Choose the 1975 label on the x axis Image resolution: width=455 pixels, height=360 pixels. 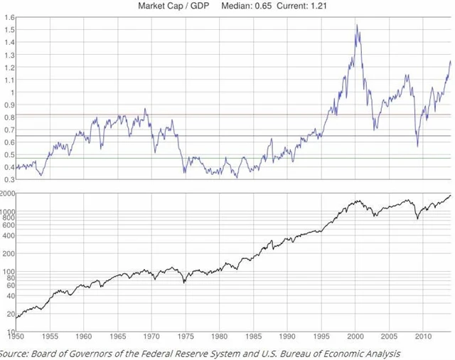[x=186, y=336]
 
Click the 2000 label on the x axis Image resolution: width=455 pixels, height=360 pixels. [x=355, y=336]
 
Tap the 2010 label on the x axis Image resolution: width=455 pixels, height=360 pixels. [x=424, y=336]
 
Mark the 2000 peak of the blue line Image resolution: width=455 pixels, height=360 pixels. [x=356, y=26]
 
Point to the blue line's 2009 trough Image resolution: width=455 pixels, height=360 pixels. [x=418, y=147]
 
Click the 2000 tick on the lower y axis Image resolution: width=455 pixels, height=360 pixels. [x=7, y=193]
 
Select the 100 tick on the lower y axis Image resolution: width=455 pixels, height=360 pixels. [x=9, y=271]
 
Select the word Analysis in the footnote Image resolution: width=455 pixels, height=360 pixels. [x=381, y=353]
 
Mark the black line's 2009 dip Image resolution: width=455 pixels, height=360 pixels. [x=417, y=219]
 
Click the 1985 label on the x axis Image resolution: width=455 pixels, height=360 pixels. [x=254, y=336]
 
